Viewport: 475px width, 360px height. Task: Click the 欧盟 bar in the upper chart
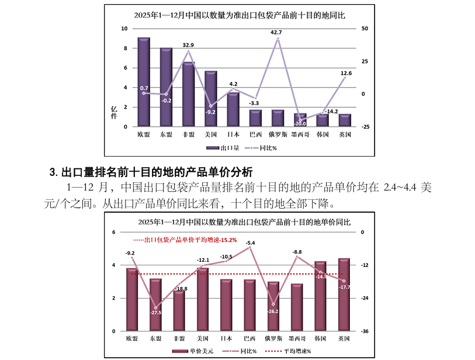pyautogui.click(x=144, y=82)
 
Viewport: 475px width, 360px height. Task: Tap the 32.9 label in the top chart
pyautogui.click(x=188, y=45)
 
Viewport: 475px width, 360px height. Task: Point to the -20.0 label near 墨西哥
pyautogui.click(x=300, y=124)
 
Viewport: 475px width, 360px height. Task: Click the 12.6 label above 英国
pyautogui.click(x=346, y=73)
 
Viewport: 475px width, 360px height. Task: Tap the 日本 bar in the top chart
pyautogui.click(x=233, y=109)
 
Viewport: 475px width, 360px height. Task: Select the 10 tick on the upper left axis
pyautogui.click(x=124, y=28)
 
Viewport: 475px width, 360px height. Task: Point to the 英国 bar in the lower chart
pyautogui.click(x=344, y=295)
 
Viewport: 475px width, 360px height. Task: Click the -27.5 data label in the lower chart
pyautogui.click(x=155, y=313)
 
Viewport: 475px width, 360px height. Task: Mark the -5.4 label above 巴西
pyautogui.click(x=250, y=243)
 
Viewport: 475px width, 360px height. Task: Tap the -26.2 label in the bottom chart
pyautogui.click(x=273, y=311)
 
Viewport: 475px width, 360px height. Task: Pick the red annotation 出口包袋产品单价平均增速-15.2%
pyautogui.click(x=185, y=240)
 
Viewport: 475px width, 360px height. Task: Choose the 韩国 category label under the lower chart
pyautogui.click(x=320, y=339)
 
